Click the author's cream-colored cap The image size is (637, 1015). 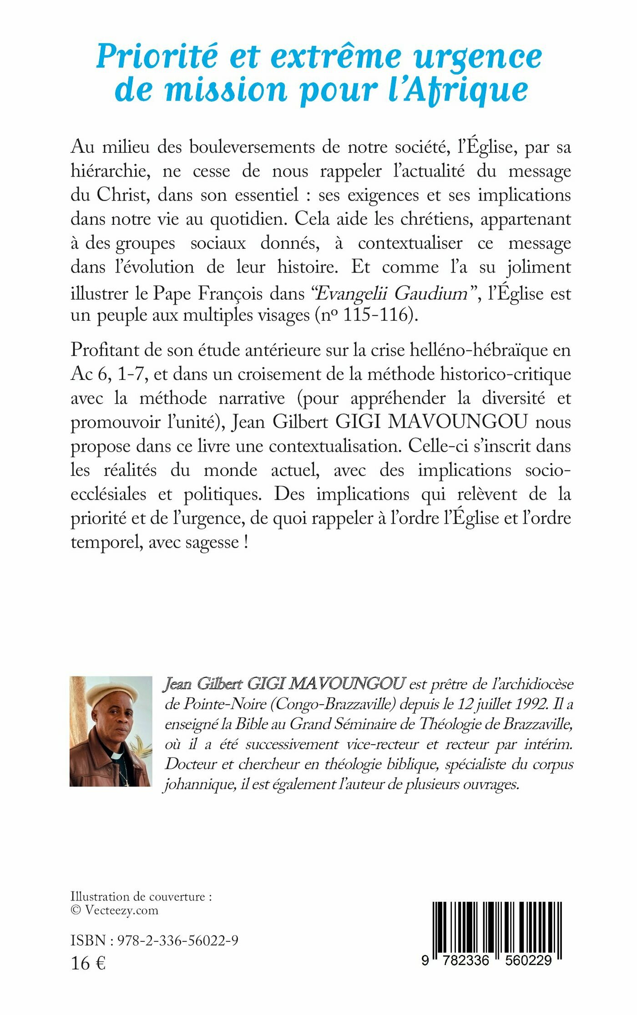[x=112, y=695]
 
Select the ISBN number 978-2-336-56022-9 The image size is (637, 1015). [x=177, y=940]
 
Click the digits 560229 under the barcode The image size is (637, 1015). [x=528, y=960]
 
